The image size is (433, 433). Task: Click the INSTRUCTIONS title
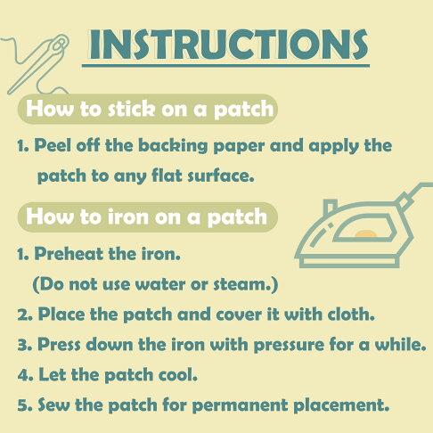click(229, 45)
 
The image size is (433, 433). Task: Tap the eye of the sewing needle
click(59, 45)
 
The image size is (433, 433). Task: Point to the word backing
click(173, 146)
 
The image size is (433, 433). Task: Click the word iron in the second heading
click(127, 216)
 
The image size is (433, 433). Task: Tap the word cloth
click(351, 314)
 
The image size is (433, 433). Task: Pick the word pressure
click(289, 346)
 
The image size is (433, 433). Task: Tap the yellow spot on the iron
click(365, 233)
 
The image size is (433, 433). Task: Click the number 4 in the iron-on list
click(23, 374)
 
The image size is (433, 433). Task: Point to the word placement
click(341, 405)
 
